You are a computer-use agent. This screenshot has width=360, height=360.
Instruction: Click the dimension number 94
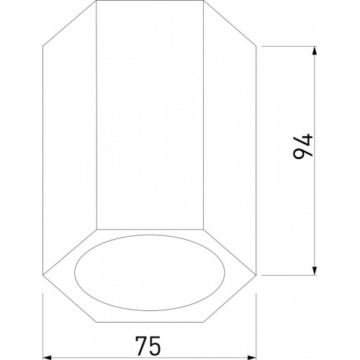pyautogui.click(x=303, y=147)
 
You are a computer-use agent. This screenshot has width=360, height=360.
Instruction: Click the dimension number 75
pyautogui.click(x=148, y=345)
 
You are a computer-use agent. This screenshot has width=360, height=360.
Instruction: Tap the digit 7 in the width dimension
pyautogui.click(x=141, y=345)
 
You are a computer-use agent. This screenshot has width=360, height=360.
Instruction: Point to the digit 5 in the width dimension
pyautogui.click(x=155, y=346)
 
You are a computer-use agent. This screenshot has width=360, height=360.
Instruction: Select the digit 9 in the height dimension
pyautogui.click(x=301, y=153)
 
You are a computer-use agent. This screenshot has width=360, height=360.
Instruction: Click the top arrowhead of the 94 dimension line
pyautogui.click(x=315, y=51)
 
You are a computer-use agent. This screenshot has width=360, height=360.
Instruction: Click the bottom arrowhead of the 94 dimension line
pyautogui.click(x=315, y=270)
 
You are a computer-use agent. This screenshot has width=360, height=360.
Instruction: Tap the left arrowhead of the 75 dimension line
pyautogui.click(x=48, y=358)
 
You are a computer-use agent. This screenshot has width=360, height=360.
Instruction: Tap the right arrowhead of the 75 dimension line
pyautogui.click(x=251, y=358)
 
